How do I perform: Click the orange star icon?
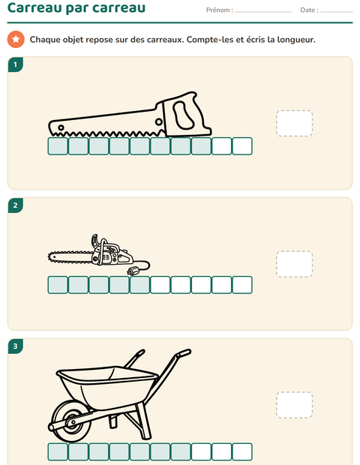16,39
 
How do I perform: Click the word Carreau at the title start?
34,7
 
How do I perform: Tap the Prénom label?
220,10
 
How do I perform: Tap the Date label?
309,10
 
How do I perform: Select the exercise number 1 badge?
16,64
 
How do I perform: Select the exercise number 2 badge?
16,205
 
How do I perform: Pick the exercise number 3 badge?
16,346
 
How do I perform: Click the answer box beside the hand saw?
294,123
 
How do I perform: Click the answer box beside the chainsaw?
294,264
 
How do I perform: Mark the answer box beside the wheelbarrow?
294,405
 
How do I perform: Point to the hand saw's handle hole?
183,115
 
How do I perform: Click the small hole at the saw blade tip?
61,127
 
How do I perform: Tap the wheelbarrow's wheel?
70,421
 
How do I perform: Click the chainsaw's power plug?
133,271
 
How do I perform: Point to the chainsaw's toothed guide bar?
71,256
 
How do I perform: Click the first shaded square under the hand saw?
58,146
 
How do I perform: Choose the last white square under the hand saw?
242,146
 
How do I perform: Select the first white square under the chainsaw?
160,285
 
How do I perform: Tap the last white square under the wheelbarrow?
242,452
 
